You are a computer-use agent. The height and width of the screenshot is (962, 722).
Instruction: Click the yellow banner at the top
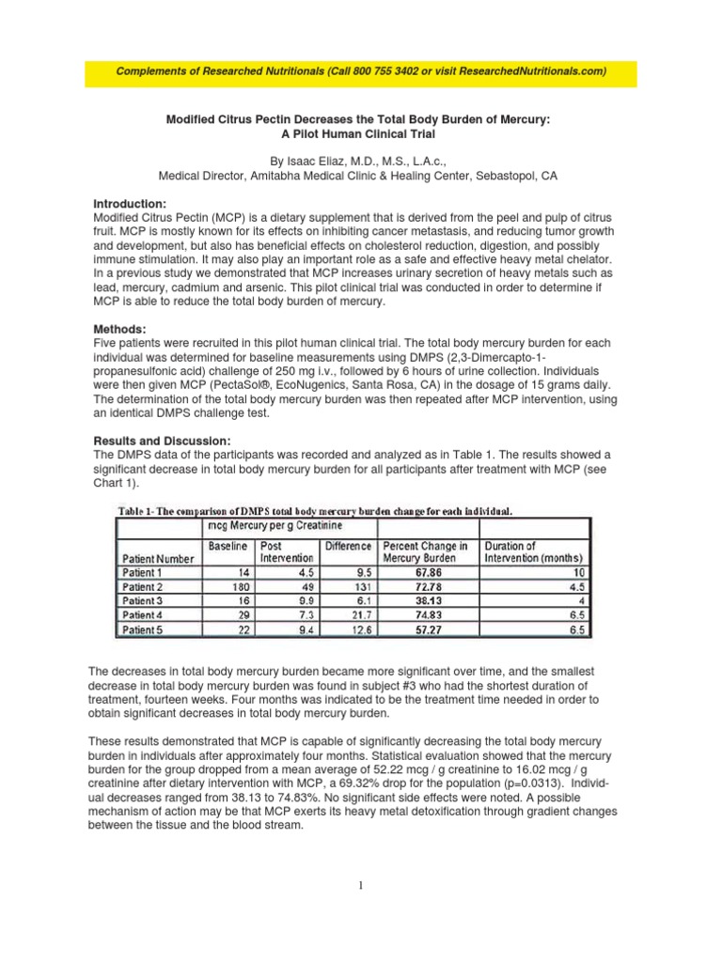click(360, 72)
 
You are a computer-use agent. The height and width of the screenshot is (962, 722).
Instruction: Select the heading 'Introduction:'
click(130, 204)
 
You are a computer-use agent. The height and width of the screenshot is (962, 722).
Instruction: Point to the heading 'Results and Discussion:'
click(161, 442)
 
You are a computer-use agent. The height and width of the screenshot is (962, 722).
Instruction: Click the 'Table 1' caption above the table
click(314, 511)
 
